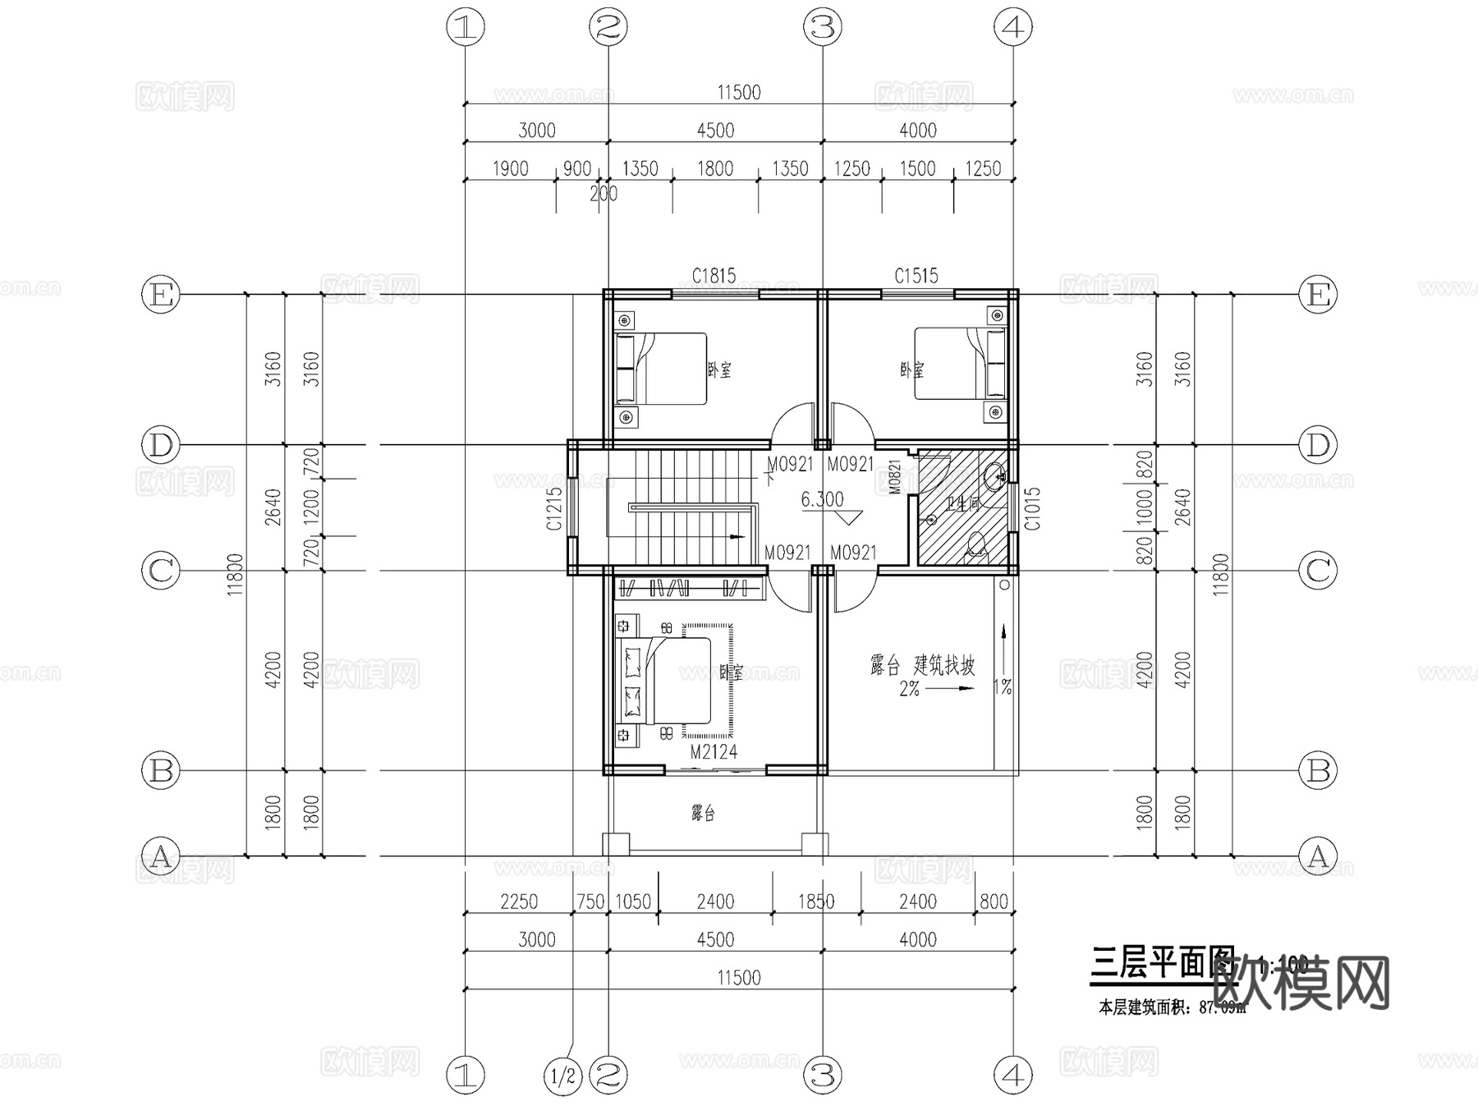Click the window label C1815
coord(714,276)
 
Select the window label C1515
coord(916,276)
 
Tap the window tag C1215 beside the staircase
coord(555,509)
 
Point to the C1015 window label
coord(1033,509)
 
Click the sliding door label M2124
coord(714,751)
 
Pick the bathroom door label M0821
coord(895,476)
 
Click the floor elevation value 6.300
coord(822,499)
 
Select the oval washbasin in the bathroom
coord(994,475)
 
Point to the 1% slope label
coord(1003,688)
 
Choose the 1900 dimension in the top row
coord(510,169)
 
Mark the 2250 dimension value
coord(519,902)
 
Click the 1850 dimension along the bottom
coord(816,902)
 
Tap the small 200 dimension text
coord(604,195)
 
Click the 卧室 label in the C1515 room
coord(911,370)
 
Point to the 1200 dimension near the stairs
coord(311,507)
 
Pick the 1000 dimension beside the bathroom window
coord(1145,507)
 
